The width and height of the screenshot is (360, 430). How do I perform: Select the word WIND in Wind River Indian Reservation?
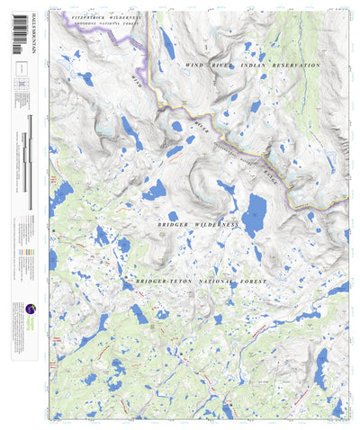(194, 66)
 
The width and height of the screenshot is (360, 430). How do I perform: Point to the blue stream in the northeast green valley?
(303, 81)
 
